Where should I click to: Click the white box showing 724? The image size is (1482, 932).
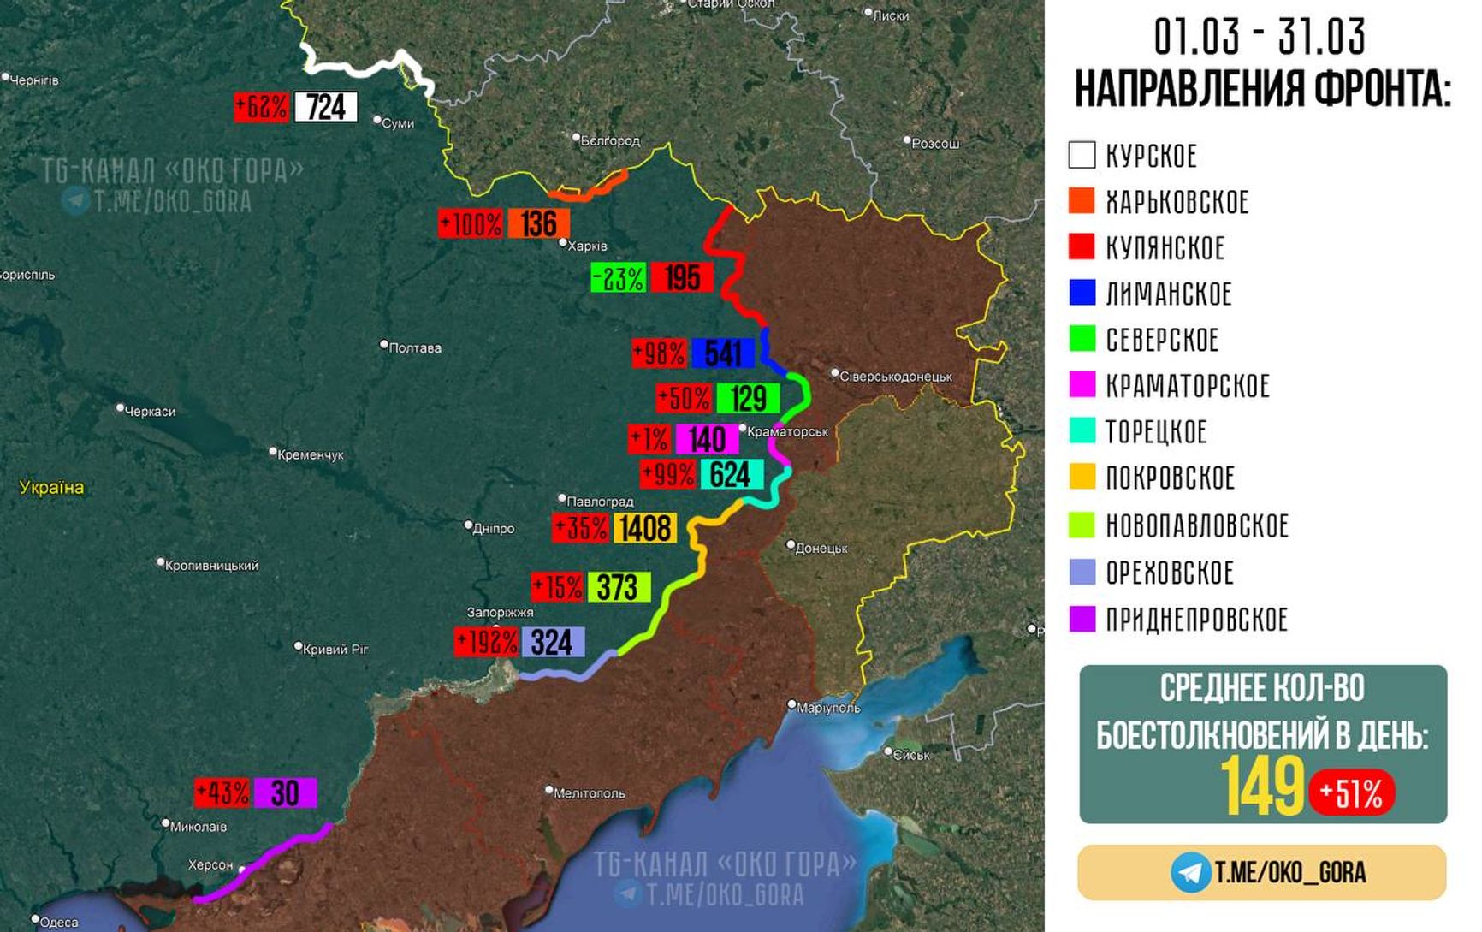point(326,108)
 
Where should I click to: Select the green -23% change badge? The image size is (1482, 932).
point(618,278)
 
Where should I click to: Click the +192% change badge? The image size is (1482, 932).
point(486,642)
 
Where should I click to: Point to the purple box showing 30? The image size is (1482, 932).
point(285,793)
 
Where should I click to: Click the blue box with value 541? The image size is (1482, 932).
point(723,353)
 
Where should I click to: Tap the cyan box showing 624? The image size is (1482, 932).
point(731,474)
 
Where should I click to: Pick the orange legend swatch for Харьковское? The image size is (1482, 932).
point(1082,201)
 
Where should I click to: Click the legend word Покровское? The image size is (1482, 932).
point(1170,478)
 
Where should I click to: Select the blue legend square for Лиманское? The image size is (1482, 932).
point(1082,293)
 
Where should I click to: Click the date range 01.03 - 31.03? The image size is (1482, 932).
point(1260,37)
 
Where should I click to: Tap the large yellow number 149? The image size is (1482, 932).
point(1262,787)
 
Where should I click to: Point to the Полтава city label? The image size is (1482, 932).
point(414,347)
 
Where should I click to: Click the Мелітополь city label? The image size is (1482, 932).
point(589,793)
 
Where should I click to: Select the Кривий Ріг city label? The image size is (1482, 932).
point(335,649)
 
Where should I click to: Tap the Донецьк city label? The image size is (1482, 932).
point(821,548)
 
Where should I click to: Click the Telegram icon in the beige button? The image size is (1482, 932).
point(1190,872)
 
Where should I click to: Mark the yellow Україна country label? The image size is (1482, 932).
point(51,487)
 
